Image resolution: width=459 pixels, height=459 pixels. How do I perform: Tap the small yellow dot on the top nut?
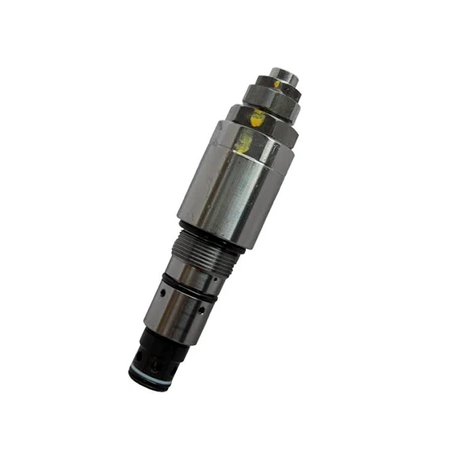coord(277,84)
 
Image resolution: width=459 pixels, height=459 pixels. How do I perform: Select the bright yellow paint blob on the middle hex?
coord(258,118)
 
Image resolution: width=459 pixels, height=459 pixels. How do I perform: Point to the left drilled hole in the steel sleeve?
coord(162,293)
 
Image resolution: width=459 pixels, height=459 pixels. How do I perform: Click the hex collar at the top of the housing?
coord(261,129)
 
